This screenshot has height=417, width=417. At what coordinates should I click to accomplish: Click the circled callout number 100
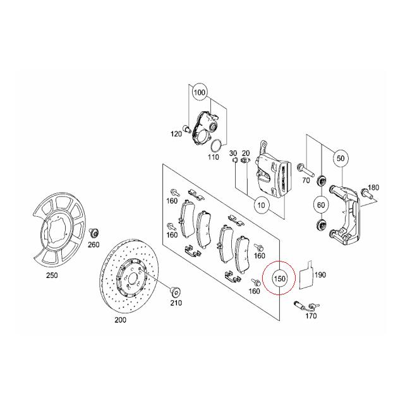click(x=199, y=92)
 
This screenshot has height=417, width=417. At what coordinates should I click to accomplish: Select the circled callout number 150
click(x=279, y=278)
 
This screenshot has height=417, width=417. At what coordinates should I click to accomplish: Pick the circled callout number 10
click(x=260, y=204)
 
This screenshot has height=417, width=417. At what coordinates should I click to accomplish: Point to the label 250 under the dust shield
click(x=52, y=276)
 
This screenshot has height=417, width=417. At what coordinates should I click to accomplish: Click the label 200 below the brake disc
click(x=120, y=320)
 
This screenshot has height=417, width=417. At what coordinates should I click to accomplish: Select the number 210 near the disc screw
click(x=176, y=303)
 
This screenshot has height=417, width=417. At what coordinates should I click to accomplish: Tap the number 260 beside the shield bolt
click(x=94, y=245)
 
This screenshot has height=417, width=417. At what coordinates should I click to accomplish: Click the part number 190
click(x=320, y=275)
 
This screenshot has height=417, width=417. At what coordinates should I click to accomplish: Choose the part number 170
click(x=311, y=315)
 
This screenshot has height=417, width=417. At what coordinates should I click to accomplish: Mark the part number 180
click(x=373, y=188)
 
